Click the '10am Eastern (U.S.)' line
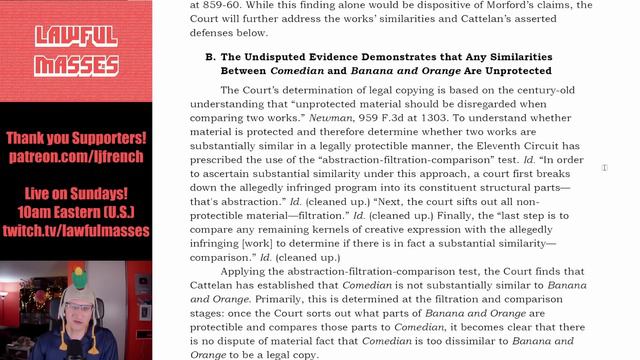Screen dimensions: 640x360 pyautogui.click(x=76, y=212)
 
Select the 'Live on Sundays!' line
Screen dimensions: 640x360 pyautogui.click(x=76, y=193)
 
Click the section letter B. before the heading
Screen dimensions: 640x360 pyautogui.click(x=210, y=57)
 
